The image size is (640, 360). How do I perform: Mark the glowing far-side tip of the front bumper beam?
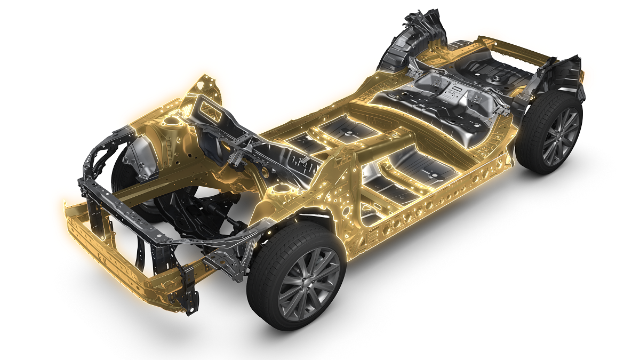pos(67,205)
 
